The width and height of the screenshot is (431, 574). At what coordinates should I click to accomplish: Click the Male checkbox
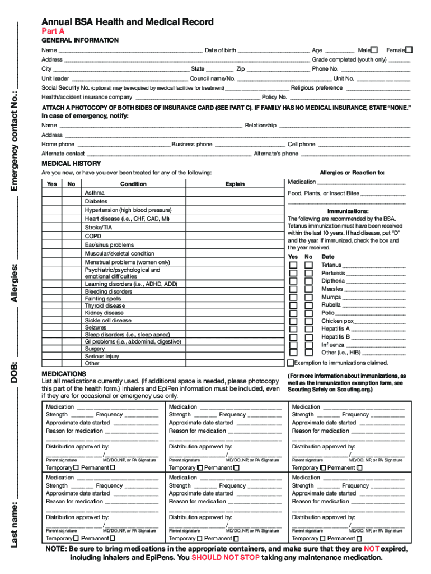374,50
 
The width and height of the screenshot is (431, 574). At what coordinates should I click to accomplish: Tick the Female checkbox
409,50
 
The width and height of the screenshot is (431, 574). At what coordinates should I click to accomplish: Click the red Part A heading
53,31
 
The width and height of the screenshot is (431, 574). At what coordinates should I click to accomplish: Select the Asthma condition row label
95,192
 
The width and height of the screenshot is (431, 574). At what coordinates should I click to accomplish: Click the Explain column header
235,184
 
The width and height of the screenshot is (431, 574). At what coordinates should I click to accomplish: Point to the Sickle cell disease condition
108,320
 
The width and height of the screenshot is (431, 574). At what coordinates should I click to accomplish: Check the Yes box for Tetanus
293,265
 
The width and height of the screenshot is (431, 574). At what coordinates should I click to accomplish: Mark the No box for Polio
308,313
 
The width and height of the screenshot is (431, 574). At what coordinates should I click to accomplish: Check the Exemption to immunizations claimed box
291,363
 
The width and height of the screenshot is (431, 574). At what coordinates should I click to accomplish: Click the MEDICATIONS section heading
64,373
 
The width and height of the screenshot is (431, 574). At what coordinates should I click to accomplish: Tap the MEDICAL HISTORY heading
72,163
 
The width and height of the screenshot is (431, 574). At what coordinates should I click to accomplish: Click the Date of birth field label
220,50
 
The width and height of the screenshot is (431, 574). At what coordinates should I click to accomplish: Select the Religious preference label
317,88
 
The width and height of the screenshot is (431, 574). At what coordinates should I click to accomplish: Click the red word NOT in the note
372,549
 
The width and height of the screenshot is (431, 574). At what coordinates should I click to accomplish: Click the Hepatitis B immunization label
335,337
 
